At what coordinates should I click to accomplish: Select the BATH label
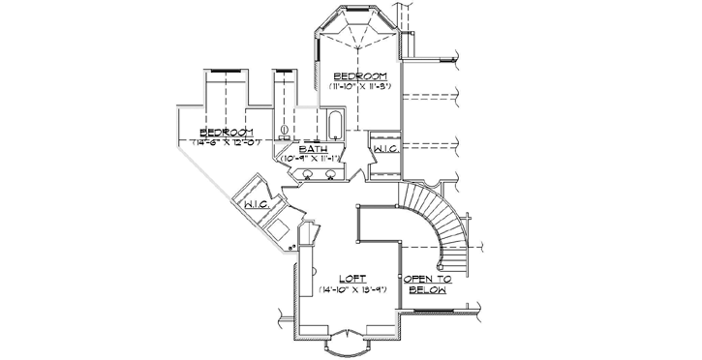coord(312,150)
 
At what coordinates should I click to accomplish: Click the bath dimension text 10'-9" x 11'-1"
coord(313,161)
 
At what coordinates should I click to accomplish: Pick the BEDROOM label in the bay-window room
coord(360,76)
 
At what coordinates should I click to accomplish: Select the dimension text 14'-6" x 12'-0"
coord(227,143)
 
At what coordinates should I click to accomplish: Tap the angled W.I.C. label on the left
coord(257,204)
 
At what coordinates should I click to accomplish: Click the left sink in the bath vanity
coord(308,175)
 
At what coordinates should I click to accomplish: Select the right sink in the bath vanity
coord(331,175)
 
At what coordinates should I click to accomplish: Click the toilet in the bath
coord(285,130)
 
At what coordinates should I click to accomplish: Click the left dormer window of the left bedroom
coord(227,70)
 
